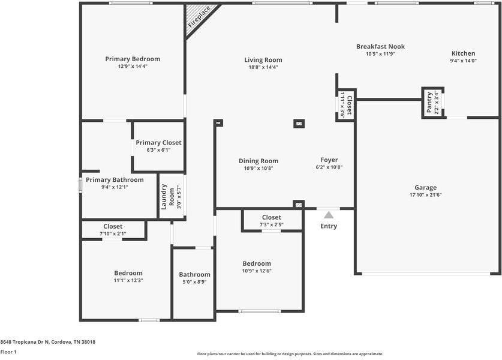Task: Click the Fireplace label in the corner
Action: pos(200,17)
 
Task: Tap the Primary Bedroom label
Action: pos(133,59)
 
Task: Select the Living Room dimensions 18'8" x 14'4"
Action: pos(263,67)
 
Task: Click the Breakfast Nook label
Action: pos(380,46)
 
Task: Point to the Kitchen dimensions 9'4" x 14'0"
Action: pos(463,61)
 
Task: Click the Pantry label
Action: pos(429,103)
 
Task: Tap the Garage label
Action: pos(425,187)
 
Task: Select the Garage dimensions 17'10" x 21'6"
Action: pos(425,194)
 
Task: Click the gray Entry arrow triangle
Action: pos(329,215)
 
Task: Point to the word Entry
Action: pos(329,226)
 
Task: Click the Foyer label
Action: pos(329,160)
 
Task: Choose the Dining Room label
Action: pos(258,161)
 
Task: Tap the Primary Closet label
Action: pos(158,143)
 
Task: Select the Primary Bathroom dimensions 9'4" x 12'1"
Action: pos(115,187)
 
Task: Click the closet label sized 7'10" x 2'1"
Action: pos(113,227)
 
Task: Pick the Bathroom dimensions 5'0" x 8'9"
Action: pos(194,281)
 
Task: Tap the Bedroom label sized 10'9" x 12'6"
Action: pos(257,263)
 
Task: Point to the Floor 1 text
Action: pos(8,352)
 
